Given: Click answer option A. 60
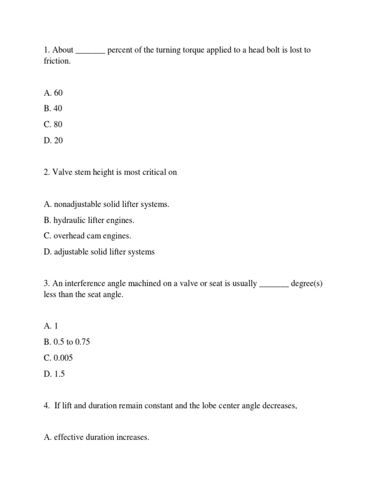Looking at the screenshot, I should coord(53,93).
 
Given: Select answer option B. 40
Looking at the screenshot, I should coord(53,108).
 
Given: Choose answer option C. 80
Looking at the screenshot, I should coord(53,124).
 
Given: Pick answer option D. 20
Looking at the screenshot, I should coord(53,140).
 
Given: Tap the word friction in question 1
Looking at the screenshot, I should coord(57,62).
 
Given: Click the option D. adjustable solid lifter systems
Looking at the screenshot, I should coord(99,252).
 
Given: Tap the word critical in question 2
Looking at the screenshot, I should coord(152,172).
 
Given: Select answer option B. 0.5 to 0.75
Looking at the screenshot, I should coord(66,342).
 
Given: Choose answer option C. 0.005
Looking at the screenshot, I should coord(60,358).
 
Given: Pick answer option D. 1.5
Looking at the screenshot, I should coord(54,374).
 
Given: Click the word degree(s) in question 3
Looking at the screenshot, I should coord(307,284).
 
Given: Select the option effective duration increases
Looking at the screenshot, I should coord(96,437).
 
